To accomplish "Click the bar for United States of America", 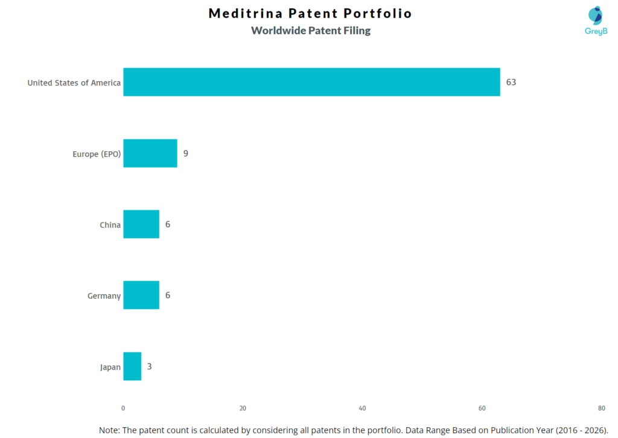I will [311, 82].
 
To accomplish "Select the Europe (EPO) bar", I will [150, 153].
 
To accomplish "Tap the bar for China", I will [141, 224].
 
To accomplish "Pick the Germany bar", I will [141, 295].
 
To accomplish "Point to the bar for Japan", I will [132, 366].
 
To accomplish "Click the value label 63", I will [511, 82].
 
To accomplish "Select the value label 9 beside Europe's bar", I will [186, 153].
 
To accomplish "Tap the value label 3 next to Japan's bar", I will [150, 366].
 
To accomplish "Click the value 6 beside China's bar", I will [168, 224].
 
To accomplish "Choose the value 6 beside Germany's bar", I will [168, 295].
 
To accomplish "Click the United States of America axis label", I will [74, 83].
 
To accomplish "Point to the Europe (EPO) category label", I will [97, 154].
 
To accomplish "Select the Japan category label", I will [110, 367].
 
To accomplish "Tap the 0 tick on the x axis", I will [123, 408].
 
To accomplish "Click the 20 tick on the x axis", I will [243, 408].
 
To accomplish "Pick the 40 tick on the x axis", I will [362, 408].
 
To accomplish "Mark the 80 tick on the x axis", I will [601, 408].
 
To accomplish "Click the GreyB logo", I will [596, 20].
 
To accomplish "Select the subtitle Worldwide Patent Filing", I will [311, 31].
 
